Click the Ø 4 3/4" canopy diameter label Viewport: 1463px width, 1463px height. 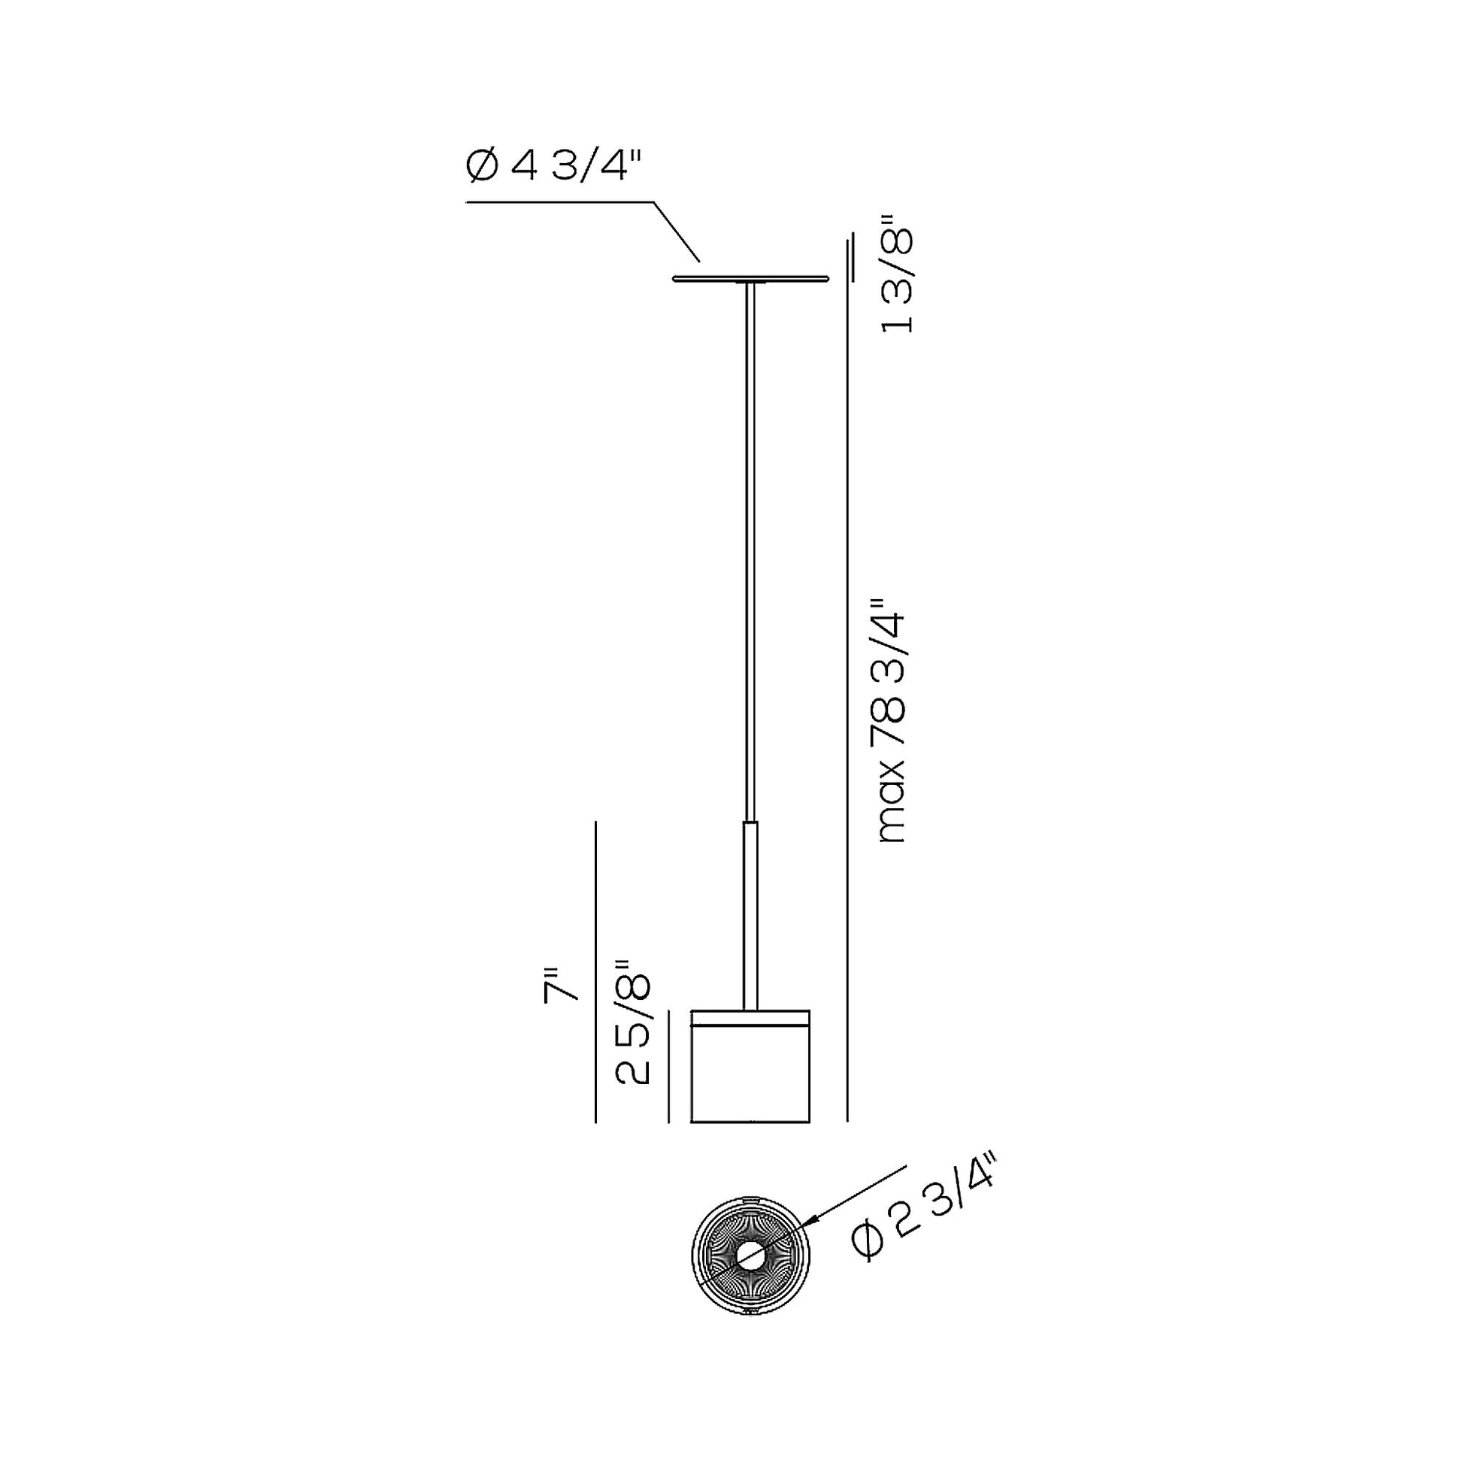coord(555,165)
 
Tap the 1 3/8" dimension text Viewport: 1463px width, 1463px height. coord(898,272)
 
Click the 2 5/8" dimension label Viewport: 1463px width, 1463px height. coord(632,1023)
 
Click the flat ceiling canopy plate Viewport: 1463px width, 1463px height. coord(750,280)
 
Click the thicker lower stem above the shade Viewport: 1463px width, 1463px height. coord(750,916)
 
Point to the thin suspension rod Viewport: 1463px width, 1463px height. coord(750,553)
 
